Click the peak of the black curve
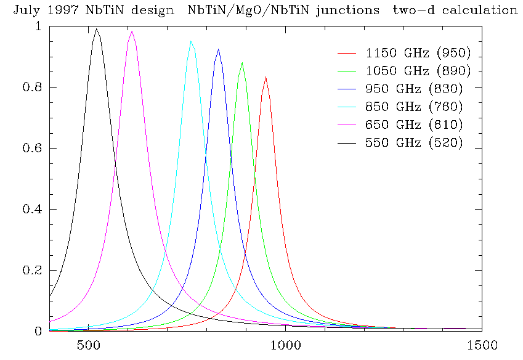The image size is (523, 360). coord(97,29)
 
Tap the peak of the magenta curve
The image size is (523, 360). coord(132,31)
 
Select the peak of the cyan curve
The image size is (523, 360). coord(192,41)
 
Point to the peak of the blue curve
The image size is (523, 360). coord(218,49)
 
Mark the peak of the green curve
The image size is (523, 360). coord(242,63)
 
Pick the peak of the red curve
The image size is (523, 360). coord(266,77)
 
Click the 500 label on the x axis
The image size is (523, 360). coord(89,345)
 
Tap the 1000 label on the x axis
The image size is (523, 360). coord(285,345)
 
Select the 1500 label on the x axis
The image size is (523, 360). coord(482,345)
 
